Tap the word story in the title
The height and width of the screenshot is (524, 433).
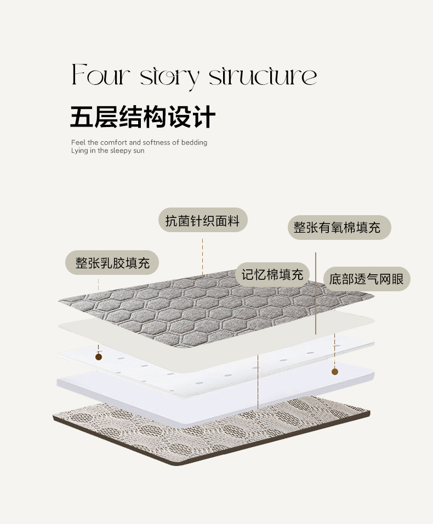pyautogui.click(x=169, y=77)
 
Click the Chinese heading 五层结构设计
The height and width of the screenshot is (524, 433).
pyautogui.click(x=143, y=117)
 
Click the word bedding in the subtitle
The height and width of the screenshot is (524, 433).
pyautogui.click(x=195, y=142)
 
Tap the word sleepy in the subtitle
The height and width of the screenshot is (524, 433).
pyautogui.click(x=121, y=151)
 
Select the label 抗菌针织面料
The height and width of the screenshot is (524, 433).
pyautogui.click(x=203, y=221)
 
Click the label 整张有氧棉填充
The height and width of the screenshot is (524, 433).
pyautogui.click(x=339, y=228)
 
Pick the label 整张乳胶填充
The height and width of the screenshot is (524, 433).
pyautogui.click(x=112, y=262)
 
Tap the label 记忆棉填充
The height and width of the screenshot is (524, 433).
pyautogui.click(x=273, y=274)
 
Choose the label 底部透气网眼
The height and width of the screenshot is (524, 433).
pyautogui.click(x=366, y=279)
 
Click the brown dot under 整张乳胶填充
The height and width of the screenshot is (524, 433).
pyautogui.click(x=99, y=357)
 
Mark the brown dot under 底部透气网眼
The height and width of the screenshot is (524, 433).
pyautogui.click(x=334, y=371)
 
